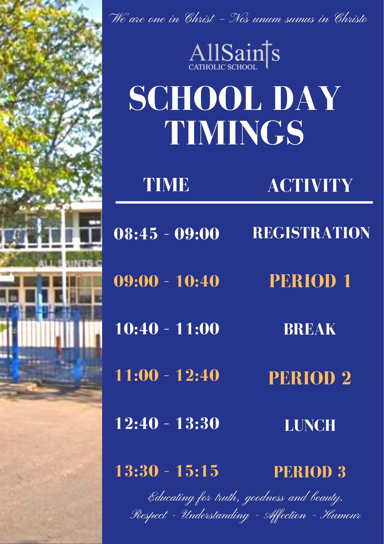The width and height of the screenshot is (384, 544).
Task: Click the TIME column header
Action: pos(166,185)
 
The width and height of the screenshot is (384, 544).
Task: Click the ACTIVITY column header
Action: pos(310,186)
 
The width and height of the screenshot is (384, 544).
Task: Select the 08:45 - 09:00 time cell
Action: pos(166,234)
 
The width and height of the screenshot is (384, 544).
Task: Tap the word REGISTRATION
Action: pos(311,233)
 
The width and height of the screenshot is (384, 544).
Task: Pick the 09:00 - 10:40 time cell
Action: pos(166,281)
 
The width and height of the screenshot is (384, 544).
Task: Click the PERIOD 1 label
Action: pos(310,281)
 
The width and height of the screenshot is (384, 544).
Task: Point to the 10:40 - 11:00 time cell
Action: pos(167,328)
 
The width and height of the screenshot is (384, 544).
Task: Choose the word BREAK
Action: pos(310,329)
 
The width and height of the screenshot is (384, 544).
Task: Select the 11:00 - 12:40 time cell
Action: pos(167,375)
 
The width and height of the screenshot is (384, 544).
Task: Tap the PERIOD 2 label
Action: pos(310,378)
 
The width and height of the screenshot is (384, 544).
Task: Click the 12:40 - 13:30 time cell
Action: pos(167,423)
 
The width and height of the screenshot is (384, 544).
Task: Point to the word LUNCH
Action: pos(310,425)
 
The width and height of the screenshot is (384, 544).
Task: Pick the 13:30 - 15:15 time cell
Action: pos(167,471)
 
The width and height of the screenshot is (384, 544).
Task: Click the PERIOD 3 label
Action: pos(310,472)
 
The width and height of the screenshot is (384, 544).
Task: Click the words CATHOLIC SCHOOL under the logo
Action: pos(223,67)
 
